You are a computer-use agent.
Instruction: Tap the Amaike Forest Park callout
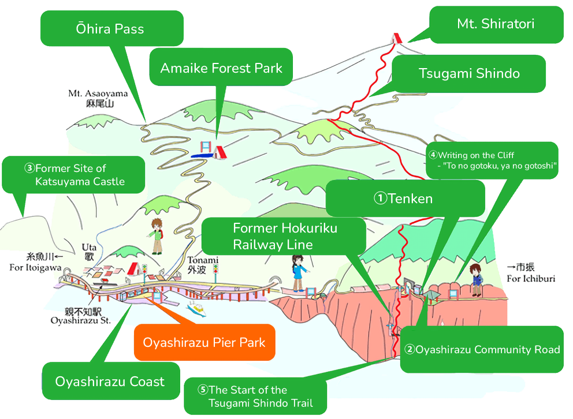coord(221,68)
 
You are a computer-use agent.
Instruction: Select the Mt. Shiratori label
coord(496,24)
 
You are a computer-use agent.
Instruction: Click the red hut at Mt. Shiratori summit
coord(397,38)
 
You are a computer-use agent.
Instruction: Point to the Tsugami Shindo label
coord(469,73)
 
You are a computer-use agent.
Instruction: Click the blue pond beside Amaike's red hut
coord(202,155)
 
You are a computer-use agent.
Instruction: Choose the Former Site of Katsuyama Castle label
coord(73,175)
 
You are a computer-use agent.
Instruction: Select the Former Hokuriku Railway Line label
coord(284,236)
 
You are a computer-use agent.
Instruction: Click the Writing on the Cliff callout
coord(492,160)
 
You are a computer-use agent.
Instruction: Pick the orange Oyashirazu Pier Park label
coord(204,342)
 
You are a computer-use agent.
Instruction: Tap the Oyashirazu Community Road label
coord(482,349)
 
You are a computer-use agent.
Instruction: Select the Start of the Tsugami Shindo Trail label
coord(255,396)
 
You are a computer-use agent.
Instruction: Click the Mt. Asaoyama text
coord(98,98)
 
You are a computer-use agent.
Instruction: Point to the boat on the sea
coord(196,309)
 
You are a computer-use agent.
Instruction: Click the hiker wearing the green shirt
coord(157,236)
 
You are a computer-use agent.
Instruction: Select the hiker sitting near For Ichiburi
coord(477,279)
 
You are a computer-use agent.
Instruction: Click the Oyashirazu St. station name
coord(80,316)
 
